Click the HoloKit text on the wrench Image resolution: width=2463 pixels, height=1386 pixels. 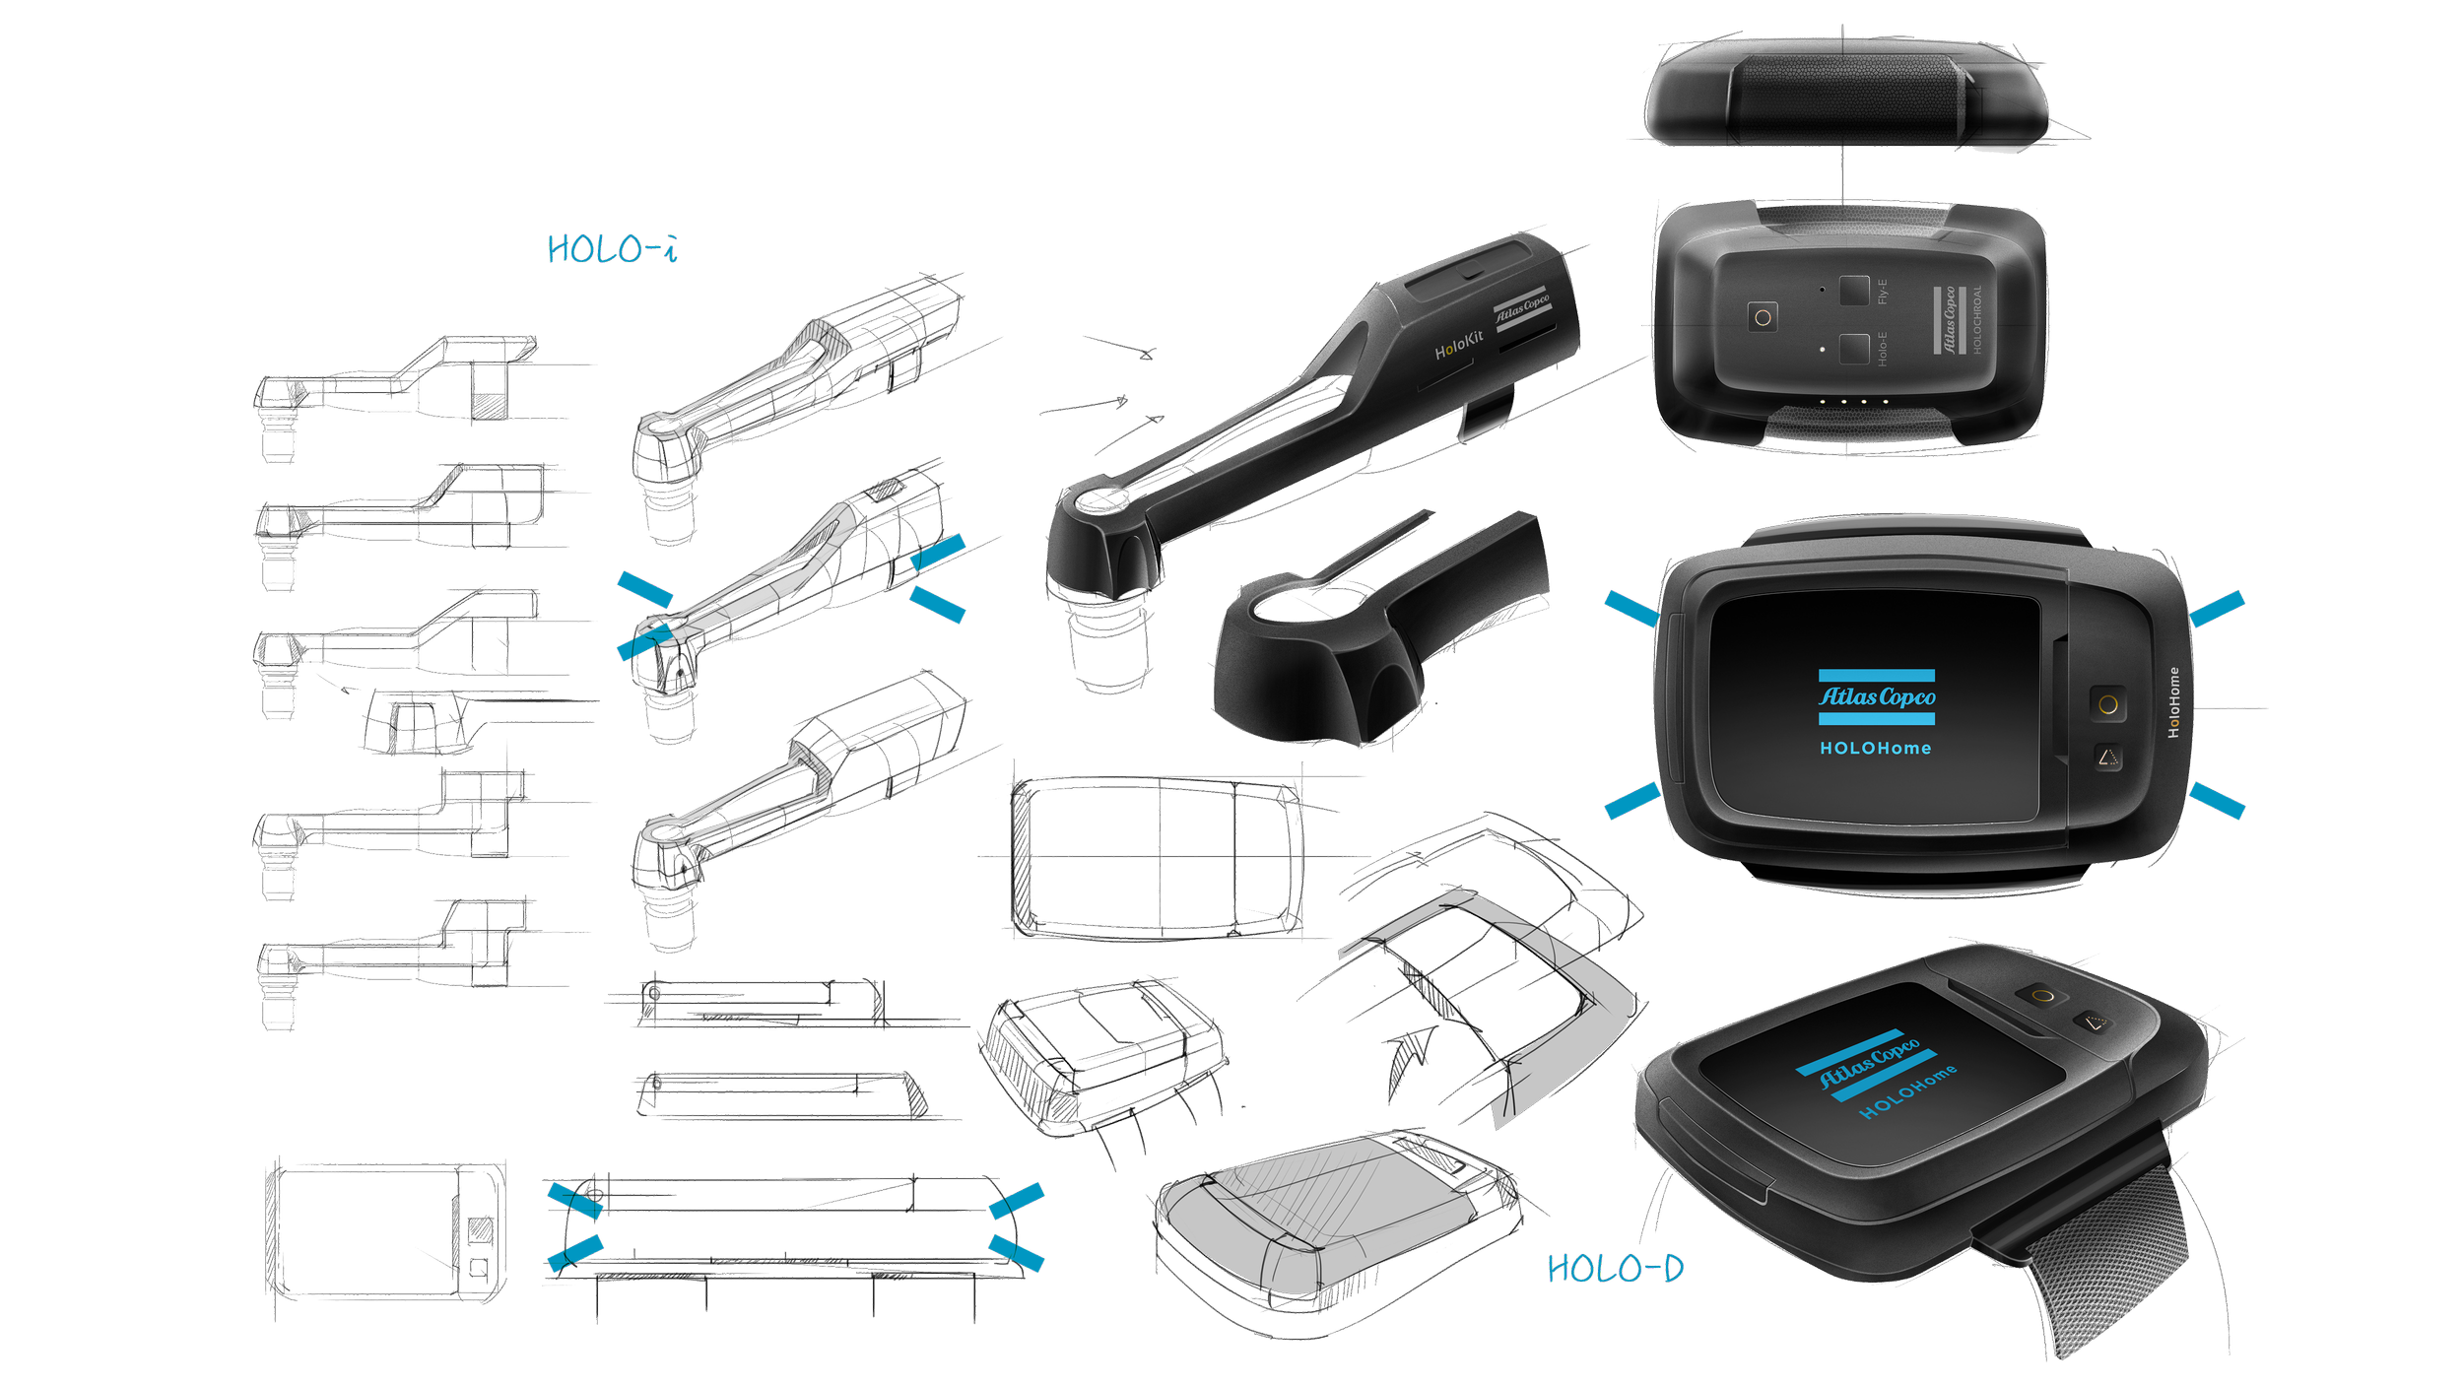[x=1459, y=345]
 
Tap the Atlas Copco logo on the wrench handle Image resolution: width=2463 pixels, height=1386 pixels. [x=1522, y=309]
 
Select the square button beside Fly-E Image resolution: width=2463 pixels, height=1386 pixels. [x=1853, y=291]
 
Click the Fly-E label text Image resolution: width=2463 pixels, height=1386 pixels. [x=1883, y=292]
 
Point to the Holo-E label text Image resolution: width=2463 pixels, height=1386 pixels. [x=1883, y=349]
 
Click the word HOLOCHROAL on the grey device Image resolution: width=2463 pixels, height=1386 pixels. [x=1976, y=320]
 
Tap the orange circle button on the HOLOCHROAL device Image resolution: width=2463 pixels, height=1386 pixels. [x=1763, y=317]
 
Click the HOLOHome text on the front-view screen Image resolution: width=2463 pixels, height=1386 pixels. [x=1876, y=749]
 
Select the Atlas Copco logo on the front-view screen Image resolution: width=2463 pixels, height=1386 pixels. [x=1877, y=697]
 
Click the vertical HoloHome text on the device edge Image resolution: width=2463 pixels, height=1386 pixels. [x=2174, y=701]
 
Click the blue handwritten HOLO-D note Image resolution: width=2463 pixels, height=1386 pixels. [x=1616, y=1269]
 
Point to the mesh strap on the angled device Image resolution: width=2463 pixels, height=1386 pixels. [x=2098, y=1281]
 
